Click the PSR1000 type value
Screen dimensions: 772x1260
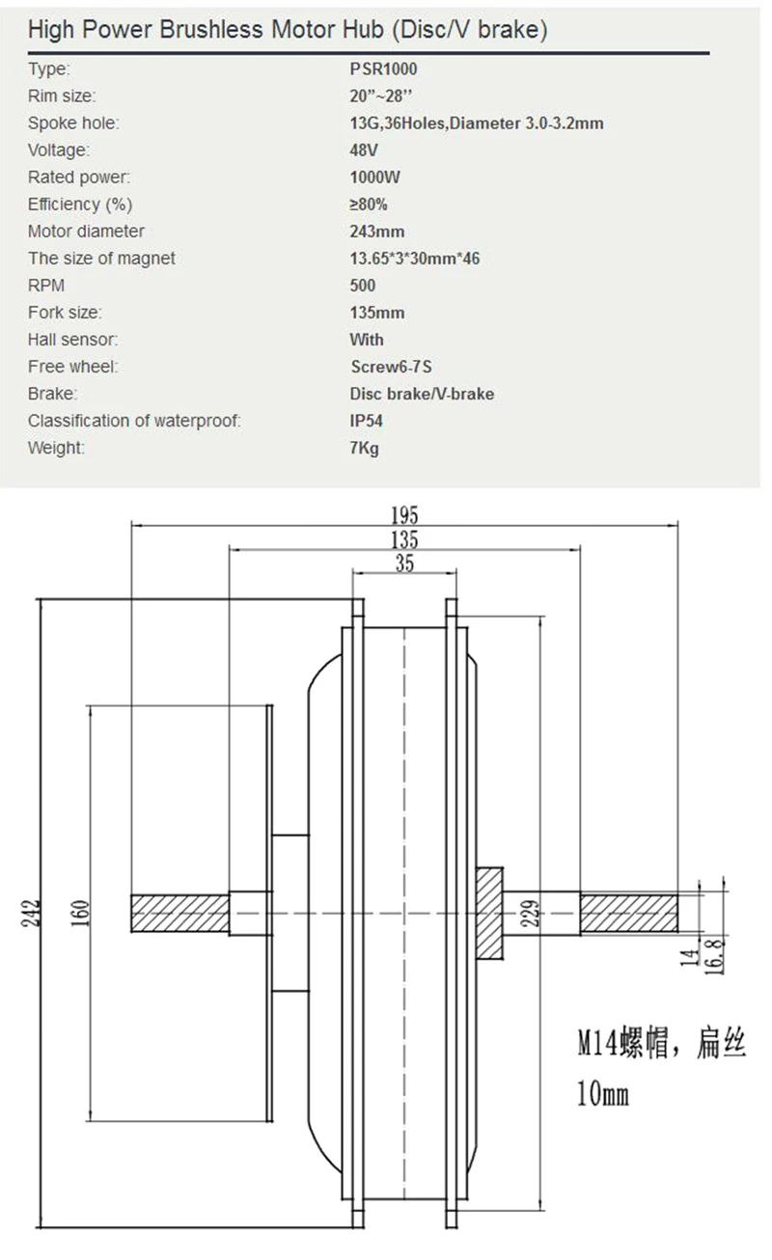383,69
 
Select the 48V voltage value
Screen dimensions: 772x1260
364,151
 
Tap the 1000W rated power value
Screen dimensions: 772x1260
374,178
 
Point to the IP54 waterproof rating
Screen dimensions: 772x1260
367,421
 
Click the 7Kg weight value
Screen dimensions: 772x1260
364,449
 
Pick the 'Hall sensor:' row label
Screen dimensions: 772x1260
73,340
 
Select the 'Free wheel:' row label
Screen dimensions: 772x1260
73,367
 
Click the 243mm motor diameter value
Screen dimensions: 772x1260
377,232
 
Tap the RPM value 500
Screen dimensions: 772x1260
363,286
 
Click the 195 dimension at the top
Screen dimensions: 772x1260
404,515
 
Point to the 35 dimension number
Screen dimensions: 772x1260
404,563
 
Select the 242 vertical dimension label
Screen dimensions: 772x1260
32,914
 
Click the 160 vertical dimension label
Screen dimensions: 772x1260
81,914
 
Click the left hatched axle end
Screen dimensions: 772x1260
180,914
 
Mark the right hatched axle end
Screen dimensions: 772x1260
628,914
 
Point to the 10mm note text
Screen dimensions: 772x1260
602,1094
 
